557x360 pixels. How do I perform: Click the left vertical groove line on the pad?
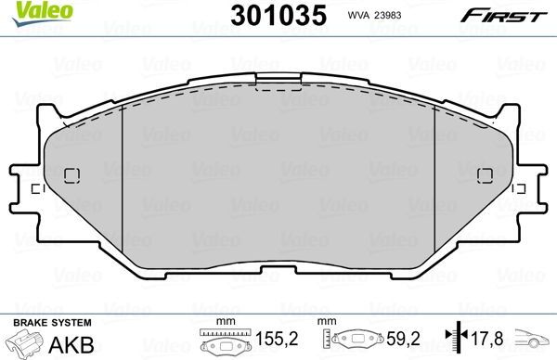123,172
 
